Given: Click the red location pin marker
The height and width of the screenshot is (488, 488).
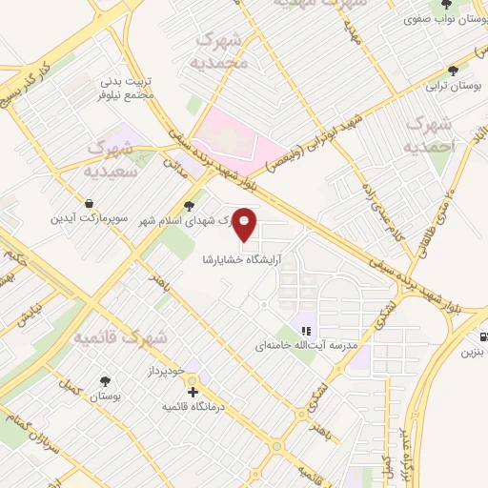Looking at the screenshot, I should click(245, 224).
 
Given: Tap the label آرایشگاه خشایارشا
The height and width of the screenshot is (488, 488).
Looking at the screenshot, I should click(244, 258).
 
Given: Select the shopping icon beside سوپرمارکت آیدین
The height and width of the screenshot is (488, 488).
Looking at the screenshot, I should click(89, 203).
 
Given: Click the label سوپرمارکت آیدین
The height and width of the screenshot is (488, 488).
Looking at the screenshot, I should click(89, 218).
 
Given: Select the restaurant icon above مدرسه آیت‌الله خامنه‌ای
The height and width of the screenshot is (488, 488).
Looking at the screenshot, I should click(306, 331).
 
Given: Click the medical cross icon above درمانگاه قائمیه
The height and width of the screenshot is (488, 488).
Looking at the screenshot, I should click(193, 391).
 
